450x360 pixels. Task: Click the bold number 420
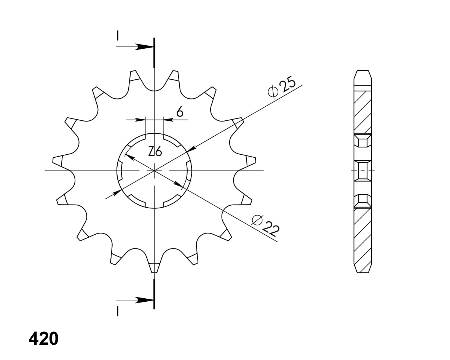tap(43, 338)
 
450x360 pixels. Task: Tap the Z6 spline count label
tap(155, 152)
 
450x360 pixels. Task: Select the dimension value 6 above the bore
tap(180, 112)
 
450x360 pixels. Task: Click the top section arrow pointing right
tap(145, 47)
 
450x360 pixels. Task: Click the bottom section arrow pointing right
tap(145, 300)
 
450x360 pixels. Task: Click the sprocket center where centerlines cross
tap(154, 170)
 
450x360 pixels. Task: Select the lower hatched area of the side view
tap(362, 236)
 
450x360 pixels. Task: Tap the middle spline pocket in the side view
tap(363, 170)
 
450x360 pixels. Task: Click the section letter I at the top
tap(118, 35)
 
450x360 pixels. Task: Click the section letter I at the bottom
tap(118, 311)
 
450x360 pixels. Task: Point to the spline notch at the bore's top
tap(154, 135)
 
